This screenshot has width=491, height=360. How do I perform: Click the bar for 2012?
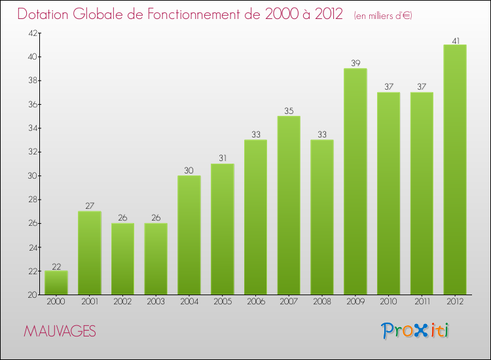coord(455,170)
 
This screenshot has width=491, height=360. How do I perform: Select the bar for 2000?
coord(56,283)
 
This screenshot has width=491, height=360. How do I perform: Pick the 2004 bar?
coord(189,235)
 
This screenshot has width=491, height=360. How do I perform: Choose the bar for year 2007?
coord(289,206)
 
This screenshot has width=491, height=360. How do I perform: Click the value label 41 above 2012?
coord(455,41)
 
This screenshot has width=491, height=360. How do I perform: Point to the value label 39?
coord(355,64)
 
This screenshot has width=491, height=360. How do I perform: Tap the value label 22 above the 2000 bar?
coord(56,266)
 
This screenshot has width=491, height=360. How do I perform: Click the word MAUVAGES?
coord(60,332)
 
